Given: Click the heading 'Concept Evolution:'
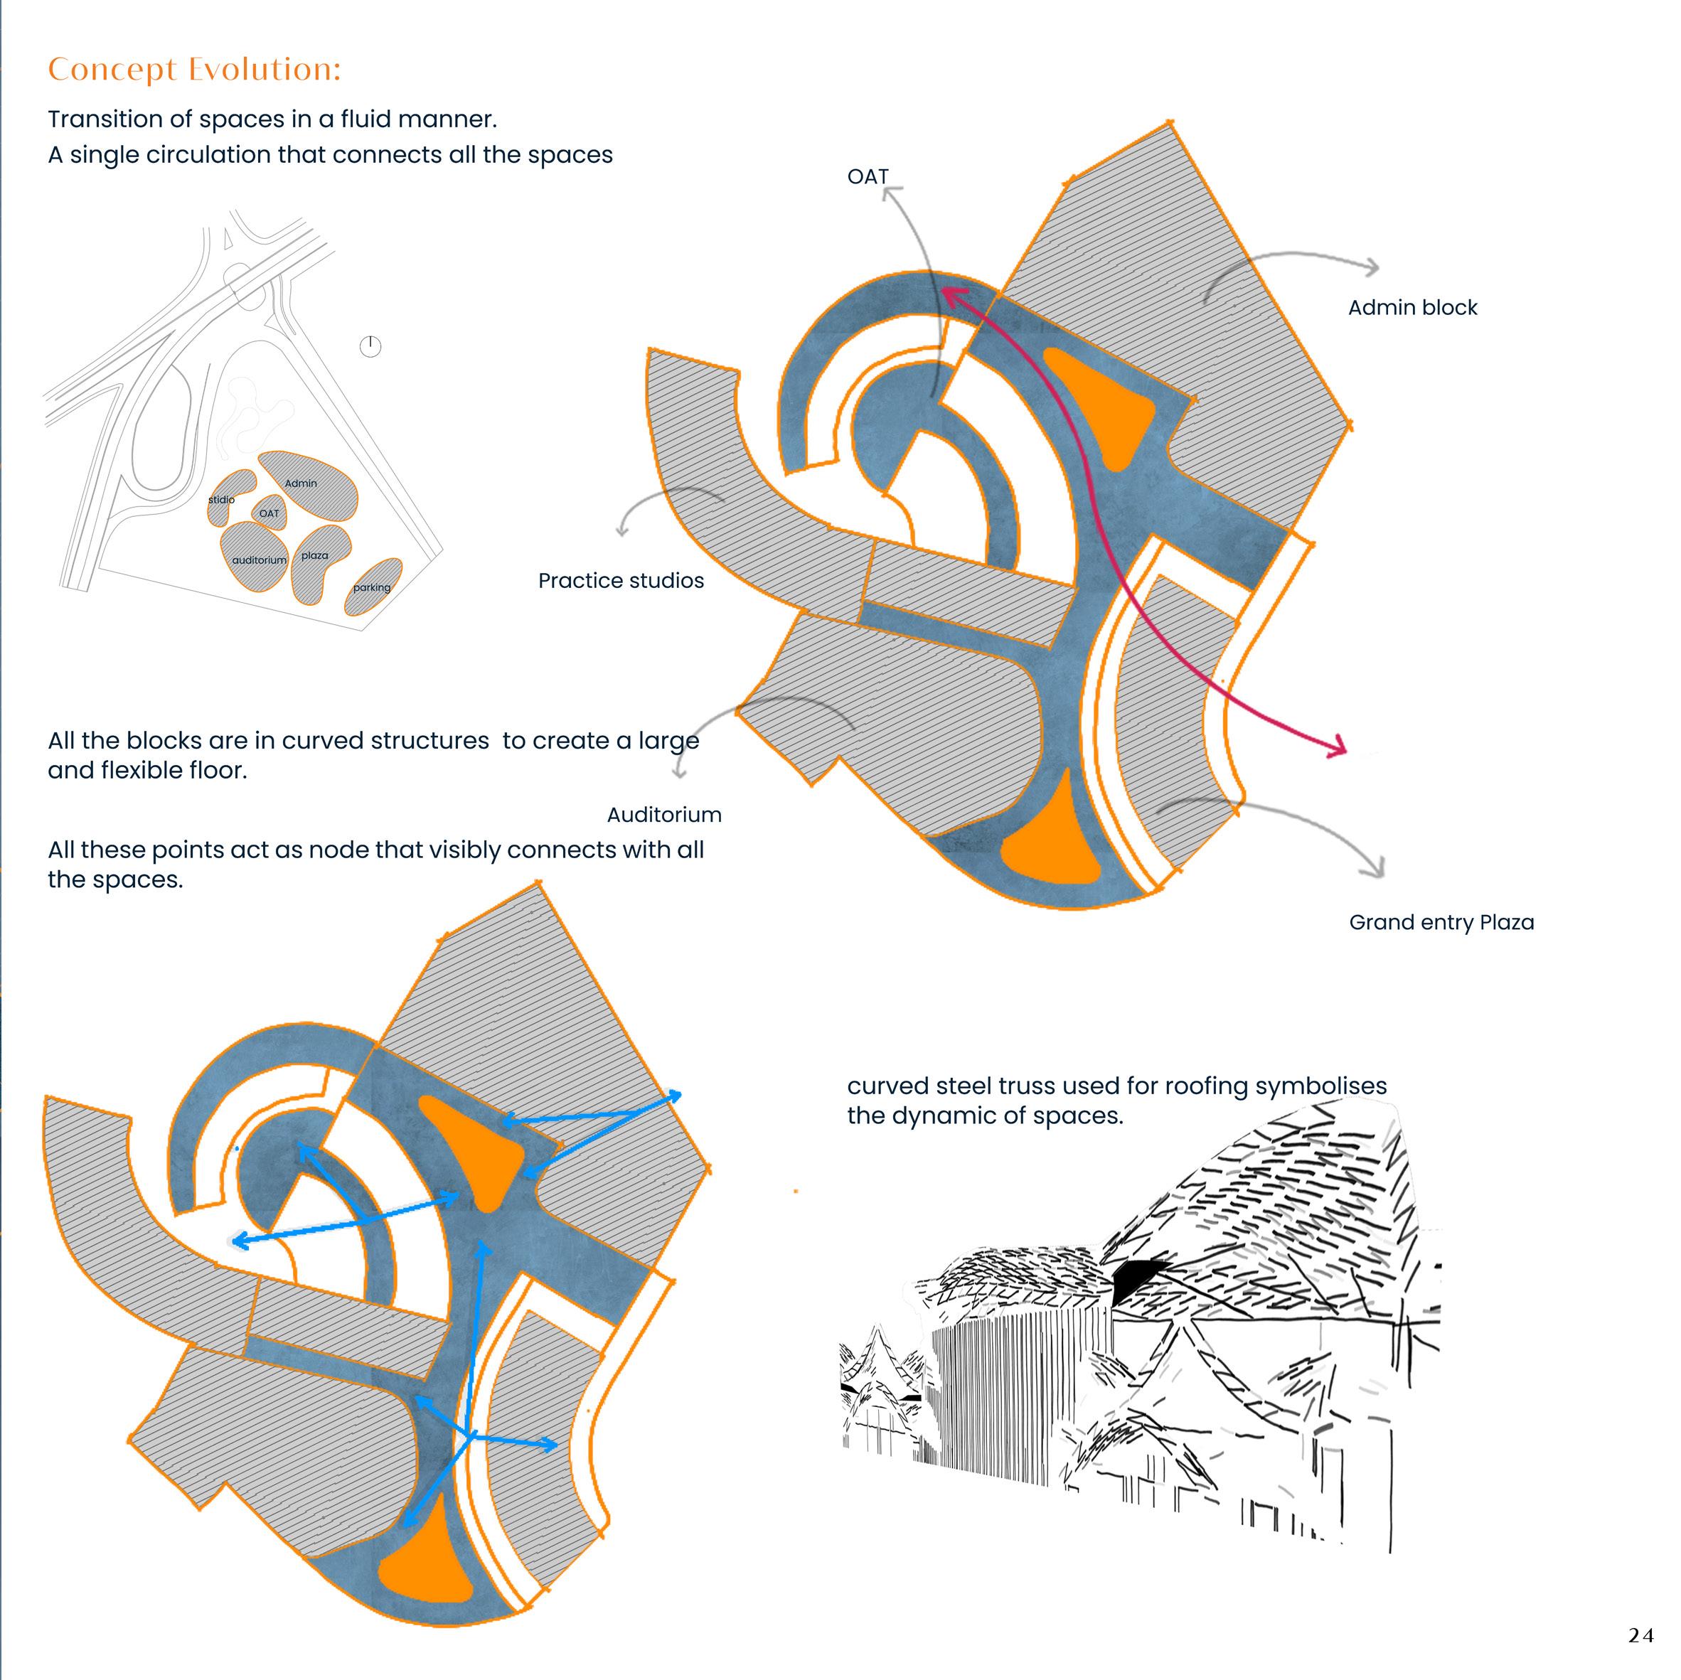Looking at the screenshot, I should click(194, 70).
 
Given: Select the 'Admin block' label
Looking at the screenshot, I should click(1412, 308).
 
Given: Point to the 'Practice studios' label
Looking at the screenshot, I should click(620, 581).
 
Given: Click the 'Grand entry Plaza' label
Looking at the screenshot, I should click(1441, 922).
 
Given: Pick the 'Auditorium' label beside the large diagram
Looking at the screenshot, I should click(664, 815).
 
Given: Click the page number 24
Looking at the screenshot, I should click(1640, 1636).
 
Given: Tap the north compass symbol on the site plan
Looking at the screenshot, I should click(370, 346).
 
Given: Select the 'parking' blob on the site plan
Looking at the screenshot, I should click(373, 587).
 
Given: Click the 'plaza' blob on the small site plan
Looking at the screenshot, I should click(318, 561).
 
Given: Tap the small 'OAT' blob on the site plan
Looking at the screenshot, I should click(270, 513).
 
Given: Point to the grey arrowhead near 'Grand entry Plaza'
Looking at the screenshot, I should click(1378, 868).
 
